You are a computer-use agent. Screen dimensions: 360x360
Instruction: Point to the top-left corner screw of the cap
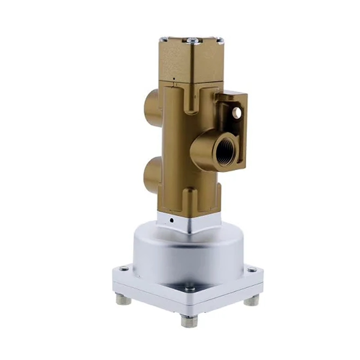click(x=165, y=39)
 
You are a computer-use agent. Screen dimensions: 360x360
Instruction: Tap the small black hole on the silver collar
click(x=171, y=220)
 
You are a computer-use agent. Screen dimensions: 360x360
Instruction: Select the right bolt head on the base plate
click(x=252, y=270)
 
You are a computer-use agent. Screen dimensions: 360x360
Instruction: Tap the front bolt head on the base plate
click(x=189, y=289)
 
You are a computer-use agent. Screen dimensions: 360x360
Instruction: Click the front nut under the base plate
click(x=189, y=320)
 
